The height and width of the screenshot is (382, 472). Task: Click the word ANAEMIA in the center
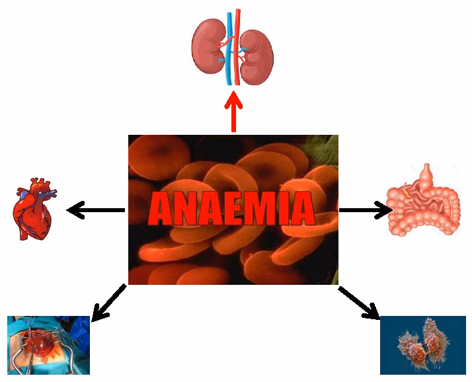point(231,210)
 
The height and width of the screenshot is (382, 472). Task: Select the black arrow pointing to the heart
point(96,211)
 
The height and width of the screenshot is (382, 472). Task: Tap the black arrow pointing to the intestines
point(365,210)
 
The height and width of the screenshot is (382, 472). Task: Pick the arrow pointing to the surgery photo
point(108,303)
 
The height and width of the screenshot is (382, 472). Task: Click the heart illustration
point(34,210)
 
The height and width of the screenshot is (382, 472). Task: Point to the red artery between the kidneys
point(237,50)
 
